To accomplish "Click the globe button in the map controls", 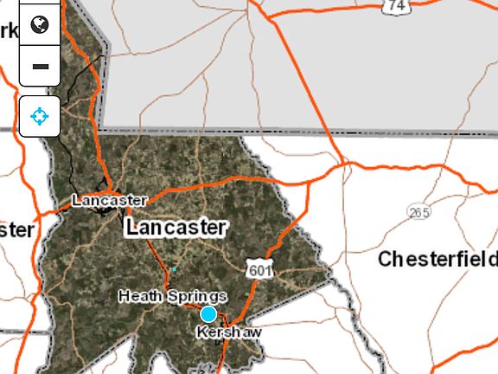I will click(40, 24).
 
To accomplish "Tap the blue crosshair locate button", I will click(40, 116).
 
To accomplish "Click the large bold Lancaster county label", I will click(176, 228).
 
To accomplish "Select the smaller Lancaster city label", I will click(109, 200).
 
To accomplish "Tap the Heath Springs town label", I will click(172, 296).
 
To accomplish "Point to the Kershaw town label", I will click(228, 332).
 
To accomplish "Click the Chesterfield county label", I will click(437, 259).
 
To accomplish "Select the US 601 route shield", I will click(259, 271).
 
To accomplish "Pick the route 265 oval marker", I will click(419, 212).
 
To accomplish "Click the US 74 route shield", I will click(397, 6).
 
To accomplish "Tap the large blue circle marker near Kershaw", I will click(208, 313).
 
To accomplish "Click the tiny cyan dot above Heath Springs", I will click(174, 269).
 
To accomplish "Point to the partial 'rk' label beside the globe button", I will click(9, 31).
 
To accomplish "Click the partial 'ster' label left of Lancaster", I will click(16, 230).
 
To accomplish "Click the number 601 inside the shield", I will click(259, 272).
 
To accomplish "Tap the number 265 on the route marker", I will click(419, 212).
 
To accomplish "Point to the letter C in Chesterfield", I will click(386, 259).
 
